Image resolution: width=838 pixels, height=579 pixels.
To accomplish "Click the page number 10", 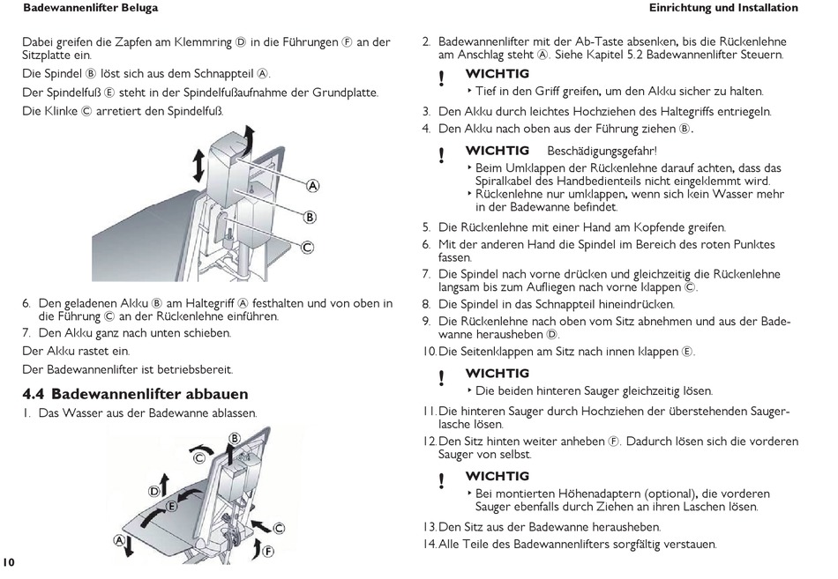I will click(x=9, y=561).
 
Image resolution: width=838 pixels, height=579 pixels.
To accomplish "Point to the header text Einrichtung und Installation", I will click(x=723, y=8).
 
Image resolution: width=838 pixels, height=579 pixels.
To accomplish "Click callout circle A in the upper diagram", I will click(x=312, y=186).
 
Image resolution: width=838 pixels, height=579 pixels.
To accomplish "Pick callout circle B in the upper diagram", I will click(x=310, y=217).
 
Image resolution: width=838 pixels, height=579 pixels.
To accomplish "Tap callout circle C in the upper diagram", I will click(x=307, y=248).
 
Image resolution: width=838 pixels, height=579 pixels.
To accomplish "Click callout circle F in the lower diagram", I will click(x=268, y=552).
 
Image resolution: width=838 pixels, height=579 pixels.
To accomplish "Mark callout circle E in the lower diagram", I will click(x=172, y=506).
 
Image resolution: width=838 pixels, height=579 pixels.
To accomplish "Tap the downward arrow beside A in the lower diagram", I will click(x=131, y=546).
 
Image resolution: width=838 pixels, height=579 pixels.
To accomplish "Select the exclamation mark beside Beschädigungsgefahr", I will click(x=442, y=155).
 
